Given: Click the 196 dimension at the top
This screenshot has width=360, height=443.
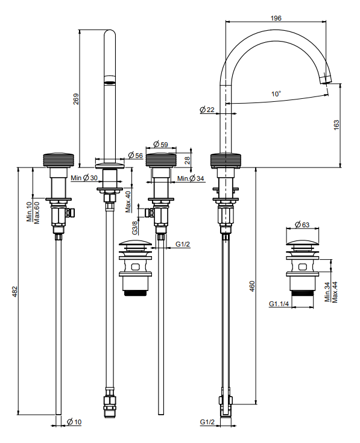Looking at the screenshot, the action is (276, 18).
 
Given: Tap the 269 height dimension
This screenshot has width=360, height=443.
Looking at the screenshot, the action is (77, 99).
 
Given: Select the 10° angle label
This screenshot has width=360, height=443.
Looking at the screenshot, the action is (276, 94).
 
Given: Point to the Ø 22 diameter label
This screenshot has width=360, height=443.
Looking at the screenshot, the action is (207, 110).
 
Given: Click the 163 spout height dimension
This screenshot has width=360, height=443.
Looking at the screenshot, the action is (336, 125).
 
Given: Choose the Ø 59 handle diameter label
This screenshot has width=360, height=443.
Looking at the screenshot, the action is (161, 144).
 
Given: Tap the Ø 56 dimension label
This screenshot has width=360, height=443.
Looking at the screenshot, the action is (135, 156).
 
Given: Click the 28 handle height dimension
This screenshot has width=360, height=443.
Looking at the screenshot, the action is (187, 160).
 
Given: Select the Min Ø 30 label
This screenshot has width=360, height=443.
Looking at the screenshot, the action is (84, 178).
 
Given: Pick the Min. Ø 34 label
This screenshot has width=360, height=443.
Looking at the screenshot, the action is (191, 178).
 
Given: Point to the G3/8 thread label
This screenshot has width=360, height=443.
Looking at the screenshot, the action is (135, 228).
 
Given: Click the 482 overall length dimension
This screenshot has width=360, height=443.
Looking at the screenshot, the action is (14, 292).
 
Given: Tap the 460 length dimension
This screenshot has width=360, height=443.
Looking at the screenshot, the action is (252, 286).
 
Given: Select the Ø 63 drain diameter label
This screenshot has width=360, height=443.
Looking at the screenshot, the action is (302, 225).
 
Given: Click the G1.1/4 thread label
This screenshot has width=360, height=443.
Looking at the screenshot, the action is (279, 304).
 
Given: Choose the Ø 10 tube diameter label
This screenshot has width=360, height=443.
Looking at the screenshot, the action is (74, 422).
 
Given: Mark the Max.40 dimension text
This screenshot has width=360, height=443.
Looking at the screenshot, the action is (128, 202).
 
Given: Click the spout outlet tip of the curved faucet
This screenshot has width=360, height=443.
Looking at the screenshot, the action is (326, 82).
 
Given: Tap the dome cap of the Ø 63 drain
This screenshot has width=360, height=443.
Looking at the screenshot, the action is (302, 242).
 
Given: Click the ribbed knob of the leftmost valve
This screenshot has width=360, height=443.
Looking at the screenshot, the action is (58, 161).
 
